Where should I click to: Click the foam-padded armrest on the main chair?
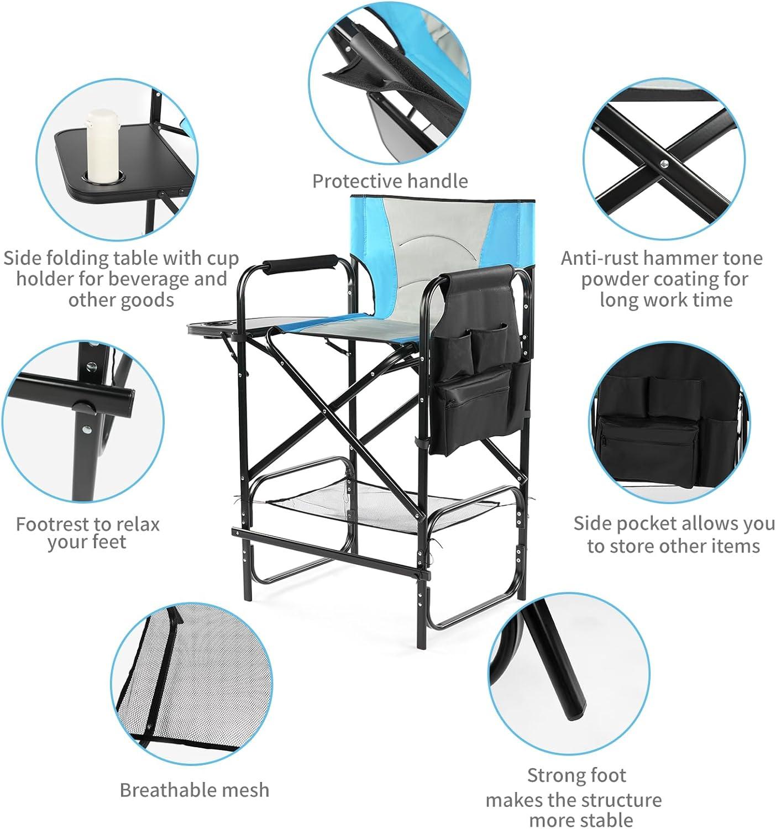[x=300, y=264]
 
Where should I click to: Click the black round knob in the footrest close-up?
[x=83, y=406]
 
